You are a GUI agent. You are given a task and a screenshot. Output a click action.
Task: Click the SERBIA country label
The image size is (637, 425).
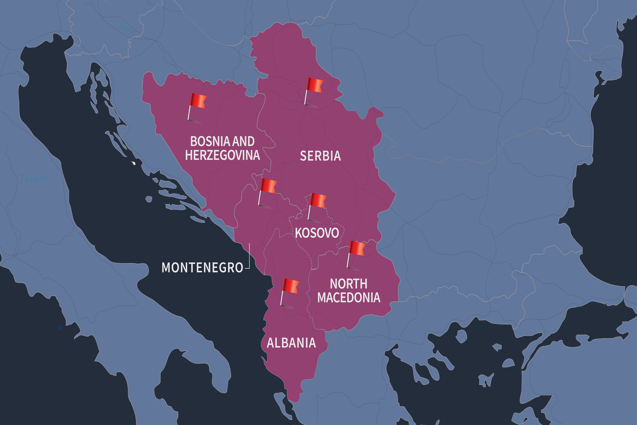320,156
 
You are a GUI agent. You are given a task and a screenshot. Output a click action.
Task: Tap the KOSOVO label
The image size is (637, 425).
317,233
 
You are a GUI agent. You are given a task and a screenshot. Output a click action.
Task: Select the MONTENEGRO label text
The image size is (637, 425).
203,267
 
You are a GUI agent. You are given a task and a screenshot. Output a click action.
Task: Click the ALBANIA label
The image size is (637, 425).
291,343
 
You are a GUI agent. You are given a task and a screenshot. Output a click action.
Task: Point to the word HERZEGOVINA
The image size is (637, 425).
222,155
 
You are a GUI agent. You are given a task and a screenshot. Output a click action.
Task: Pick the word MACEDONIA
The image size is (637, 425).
349,297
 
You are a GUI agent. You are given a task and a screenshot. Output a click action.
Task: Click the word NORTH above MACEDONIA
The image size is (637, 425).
348,284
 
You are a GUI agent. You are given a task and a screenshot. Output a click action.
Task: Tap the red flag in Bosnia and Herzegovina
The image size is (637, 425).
198,101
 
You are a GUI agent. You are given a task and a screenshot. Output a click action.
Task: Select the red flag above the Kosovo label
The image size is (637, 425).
318,201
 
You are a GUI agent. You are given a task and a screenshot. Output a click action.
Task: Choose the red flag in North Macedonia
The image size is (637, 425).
357,249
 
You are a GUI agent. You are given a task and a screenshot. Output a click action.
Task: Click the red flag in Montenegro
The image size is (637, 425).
268,186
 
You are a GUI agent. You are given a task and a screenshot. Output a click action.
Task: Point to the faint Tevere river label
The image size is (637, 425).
34,179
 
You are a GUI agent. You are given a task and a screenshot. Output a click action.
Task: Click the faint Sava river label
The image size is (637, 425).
126,28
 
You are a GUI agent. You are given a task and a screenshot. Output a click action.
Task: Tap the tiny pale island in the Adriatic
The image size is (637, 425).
133,163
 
